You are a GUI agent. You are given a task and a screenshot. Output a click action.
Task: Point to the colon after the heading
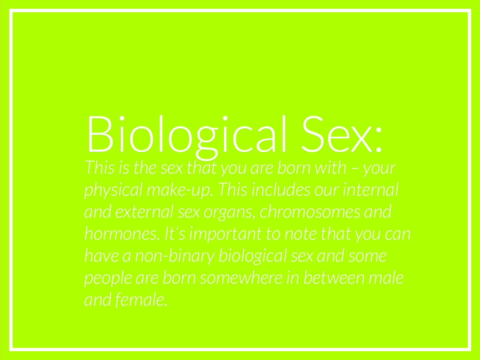point(379,140)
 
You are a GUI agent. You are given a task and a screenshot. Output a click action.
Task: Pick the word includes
point(281,189)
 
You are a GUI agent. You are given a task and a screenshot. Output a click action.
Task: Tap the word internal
point(371,189)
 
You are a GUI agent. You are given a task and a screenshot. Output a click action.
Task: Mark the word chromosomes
point(310,211)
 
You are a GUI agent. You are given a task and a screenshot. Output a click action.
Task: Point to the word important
point(226,234)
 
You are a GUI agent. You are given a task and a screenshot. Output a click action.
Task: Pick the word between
point(334,277)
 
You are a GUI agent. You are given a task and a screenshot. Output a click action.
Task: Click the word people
point(108,279)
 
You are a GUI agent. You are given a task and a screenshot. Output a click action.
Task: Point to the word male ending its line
point(386,277)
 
